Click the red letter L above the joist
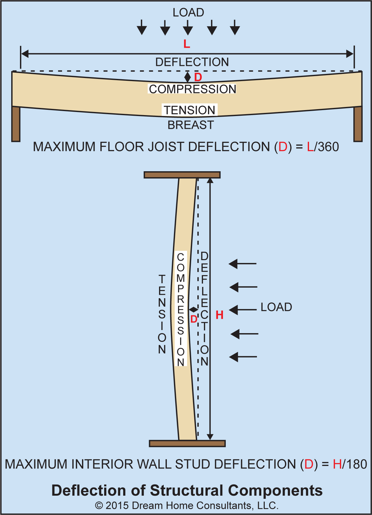click(x=186, y=44)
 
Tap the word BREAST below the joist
click(x=191, y=125)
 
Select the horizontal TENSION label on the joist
click(x=190, y=110)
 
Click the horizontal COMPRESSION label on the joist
click(x=192, y=89)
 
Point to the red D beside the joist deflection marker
click(x=198, y=77)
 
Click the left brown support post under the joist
click(x=16, y=124)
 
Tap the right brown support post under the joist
click(x=358, y=124)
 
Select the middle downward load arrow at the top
click(x=188, y=28)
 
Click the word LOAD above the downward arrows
click(x=188, y=12)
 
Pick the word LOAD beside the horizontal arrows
click(x=276, y=307)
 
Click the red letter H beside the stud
click(x=220, y=315)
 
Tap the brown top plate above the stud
click(x=182, y=175)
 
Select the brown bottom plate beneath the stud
click(x=187, y=443)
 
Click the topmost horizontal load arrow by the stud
click(x=243, y=264)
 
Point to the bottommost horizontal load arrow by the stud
click(x=243, y=357)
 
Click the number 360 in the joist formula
click(x=328, y=147)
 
